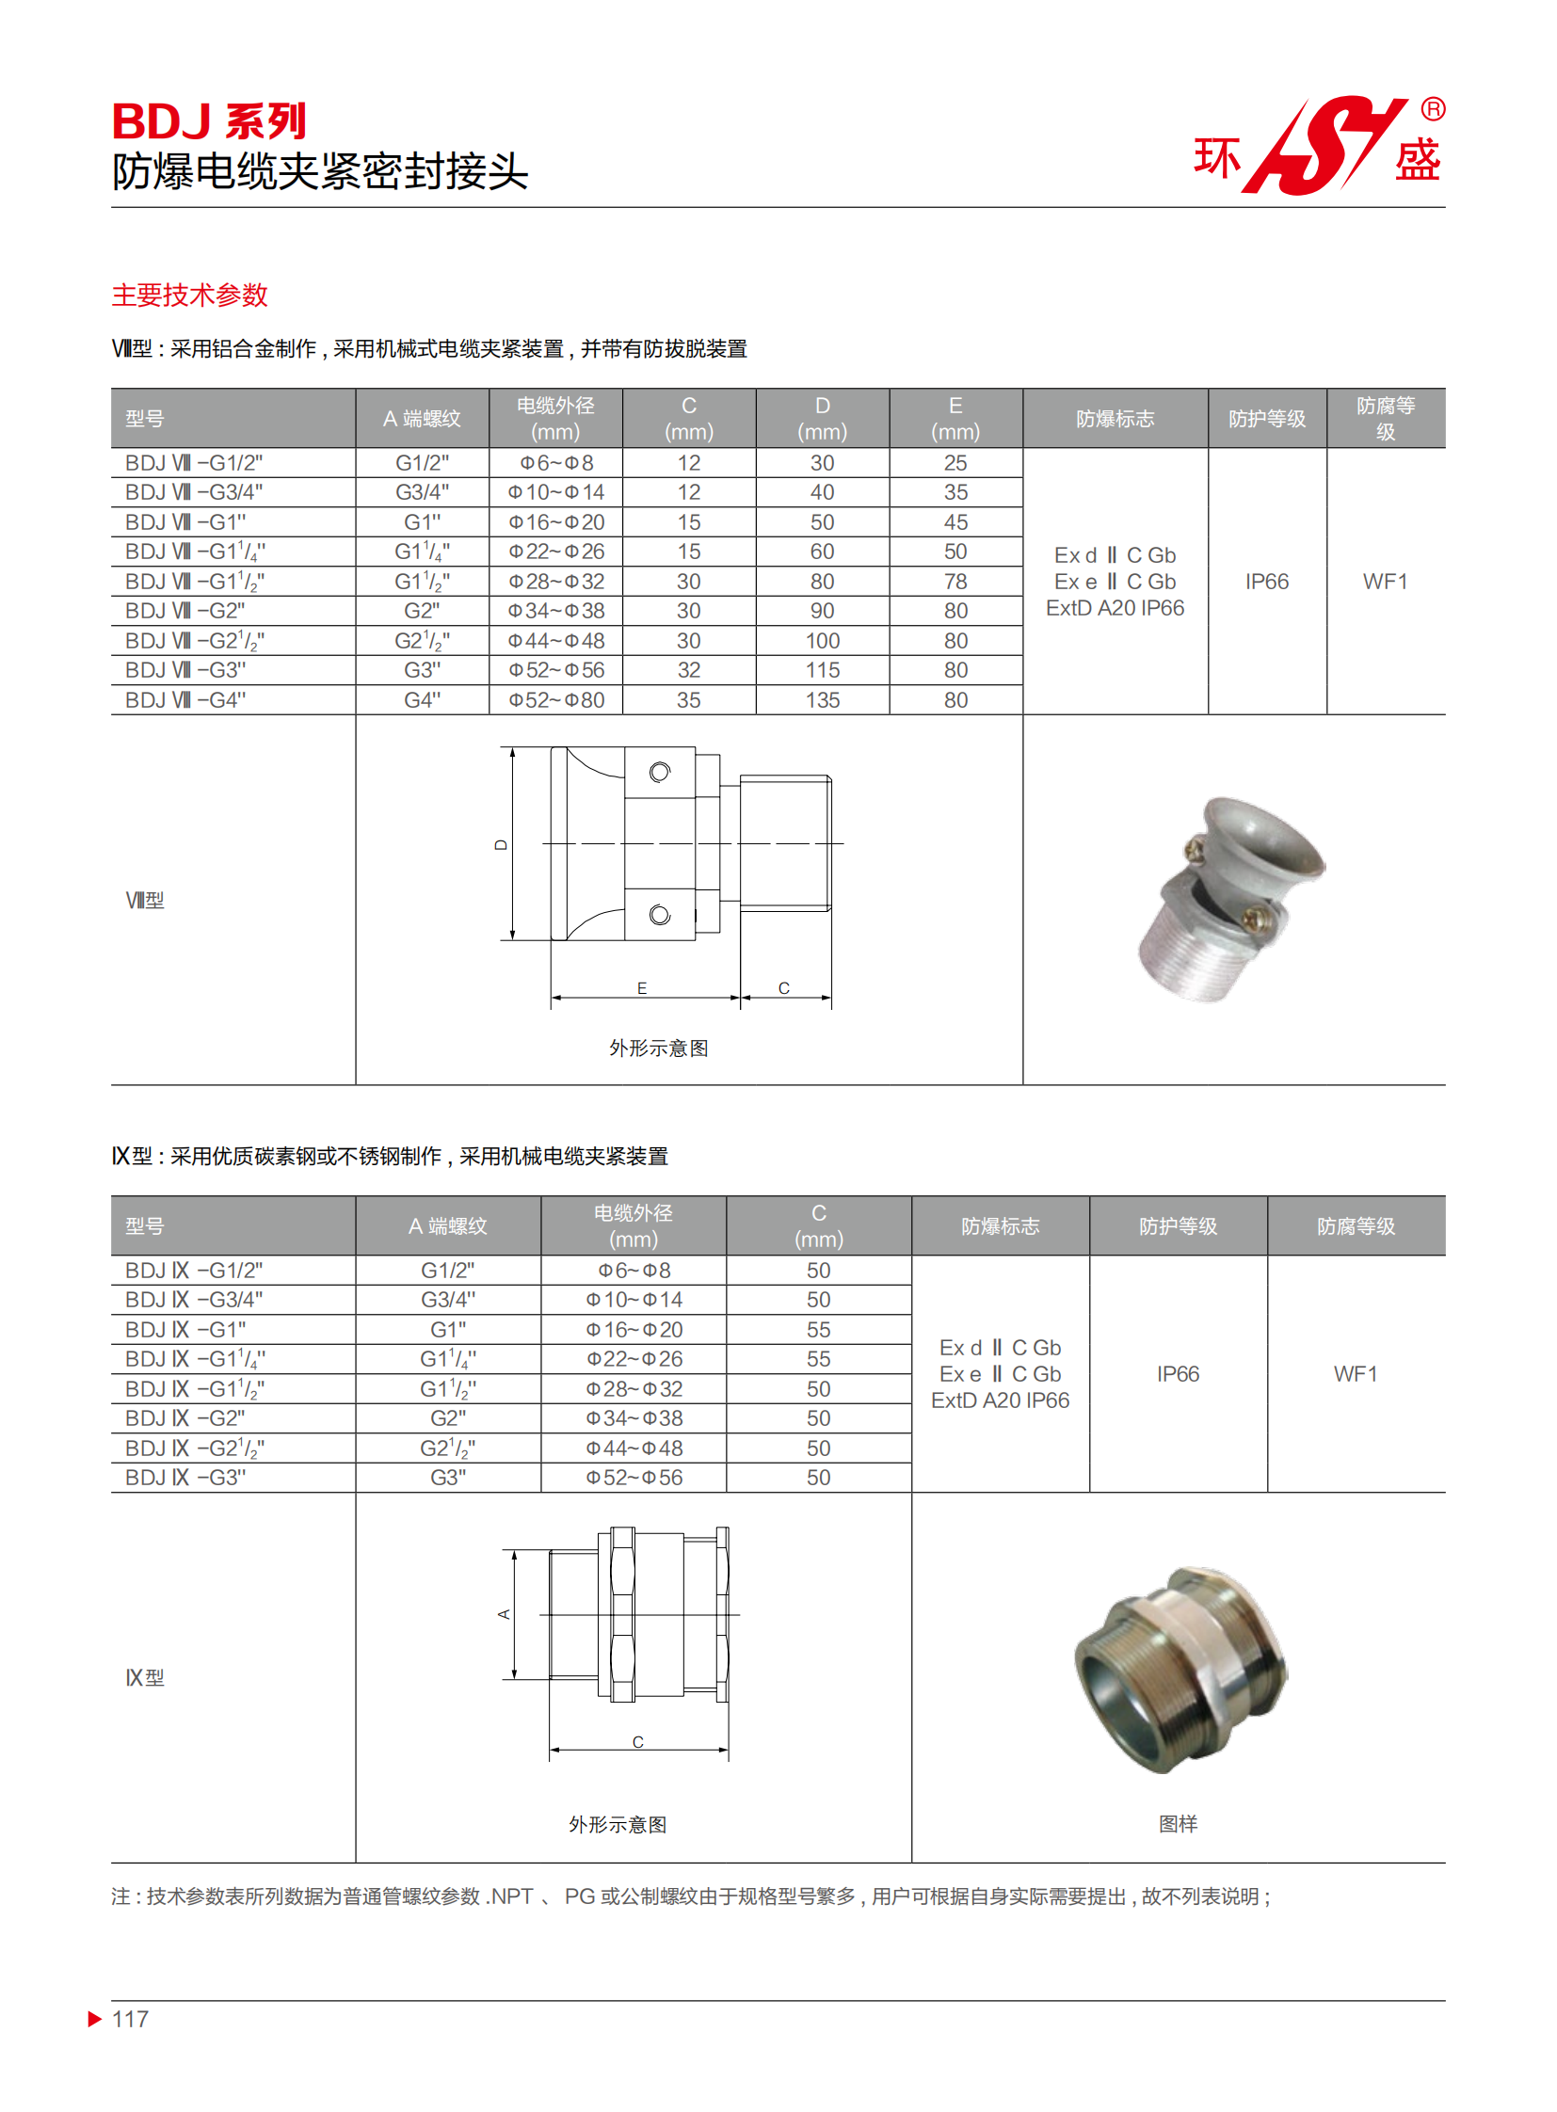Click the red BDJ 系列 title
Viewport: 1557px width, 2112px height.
click(x=208, y=121)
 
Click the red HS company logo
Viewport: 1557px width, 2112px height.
click(x=1324, y=146)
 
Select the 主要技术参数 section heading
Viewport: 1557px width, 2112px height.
click(x=189, y=295)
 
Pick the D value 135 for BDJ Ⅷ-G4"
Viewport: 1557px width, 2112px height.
click(x=822, y=700)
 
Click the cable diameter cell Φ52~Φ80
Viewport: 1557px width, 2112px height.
click(x=556, y=700)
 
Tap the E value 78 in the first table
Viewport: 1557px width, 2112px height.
click(x=955, y=582)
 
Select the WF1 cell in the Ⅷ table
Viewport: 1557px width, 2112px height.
click(x=1385, y=582)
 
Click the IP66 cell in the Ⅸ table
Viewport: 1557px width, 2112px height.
click(x=1178, y=1374)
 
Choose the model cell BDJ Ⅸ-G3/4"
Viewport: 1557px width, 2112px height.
click(x=194, y=1300)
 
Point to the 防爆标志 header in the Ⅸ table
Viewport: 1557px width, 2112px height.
click(x=1000, y=1226)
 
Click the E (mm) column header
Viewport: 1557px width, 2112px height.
click(x=955, y=419)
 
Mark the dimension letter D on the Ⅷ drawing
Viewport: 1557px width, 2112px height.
click(x=502, y=845)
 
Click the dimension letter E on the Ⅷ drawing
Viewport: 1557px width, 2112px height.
click(x=642, y=987)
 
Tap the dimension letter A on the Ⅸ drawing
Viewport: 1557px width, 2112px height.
click(x=505, y=1614)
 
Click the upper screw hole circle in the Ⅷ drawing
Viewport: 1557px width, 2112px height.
click(x=660, y=773)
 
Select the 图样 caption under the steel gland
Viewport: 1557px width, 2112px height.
click(x=1178, y=1824)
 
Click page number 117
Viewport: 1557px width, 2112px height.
click(x=130, y=2019)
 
